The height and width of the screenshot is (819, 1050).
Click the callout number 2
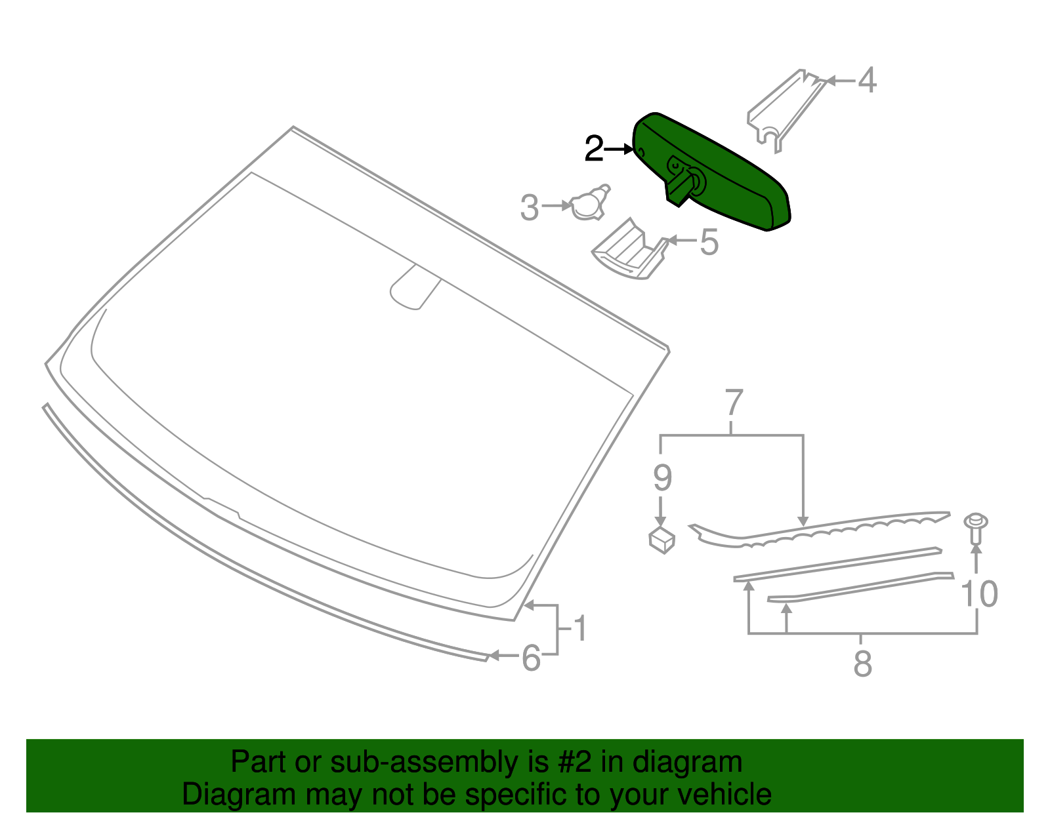594,149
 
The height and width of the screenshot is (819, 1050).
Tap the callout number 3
529,208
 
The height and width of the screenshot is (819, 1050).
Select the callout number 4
867,80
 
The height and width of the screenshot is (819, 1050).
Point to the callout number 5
709,242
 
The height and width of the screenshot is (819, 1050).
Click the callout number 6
531,658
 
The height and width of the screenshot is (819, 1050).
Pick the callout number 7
734,403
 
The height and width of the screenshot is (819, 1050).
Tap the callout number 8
862,664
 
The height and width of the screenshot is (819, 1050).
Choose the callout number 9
662,478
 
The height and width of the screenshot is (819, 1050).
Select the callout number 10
979,593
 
